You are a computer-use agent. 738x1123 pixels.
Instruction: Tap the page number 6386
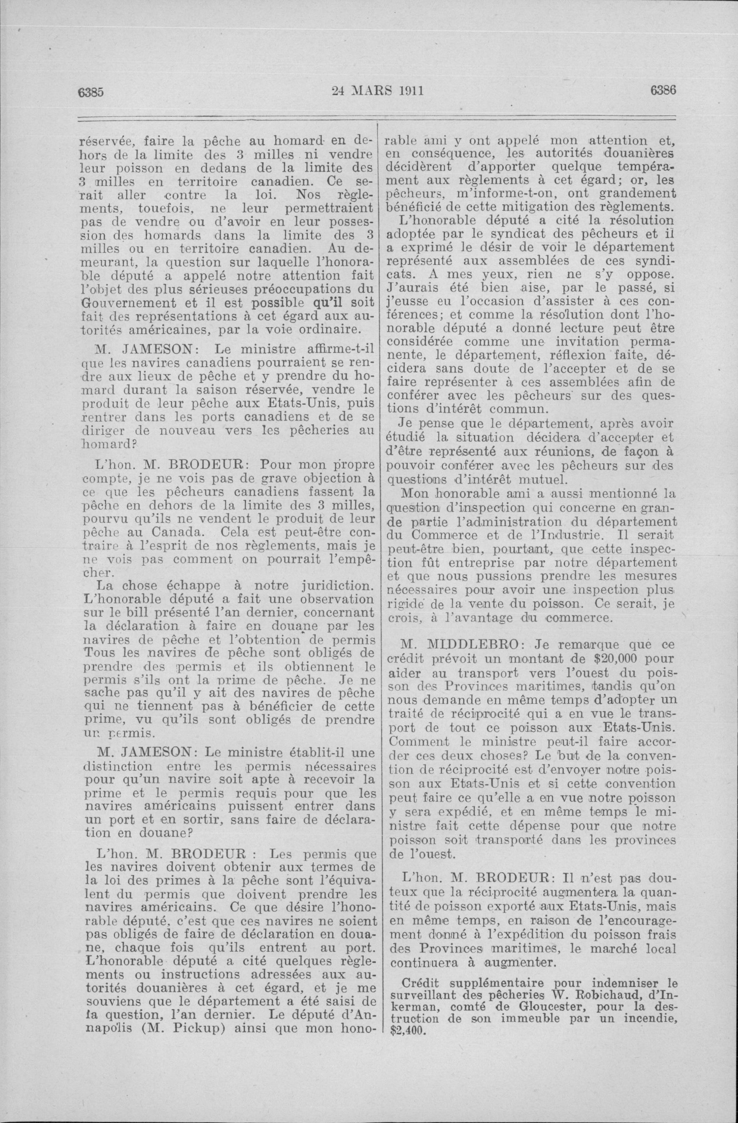(663, 90)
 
